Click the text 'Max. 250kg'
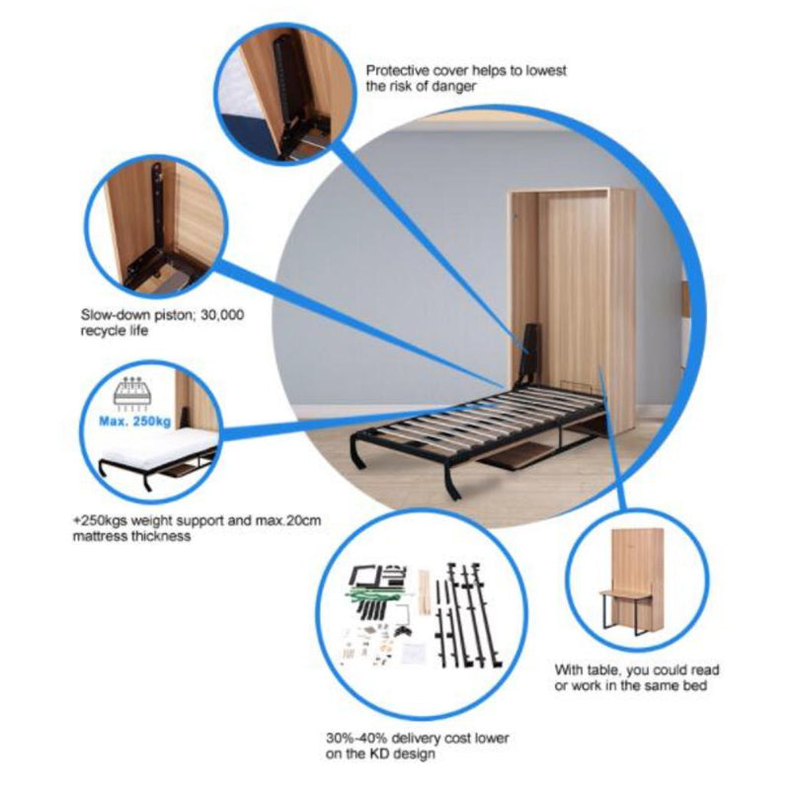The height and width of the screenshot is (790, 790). pos(134,421)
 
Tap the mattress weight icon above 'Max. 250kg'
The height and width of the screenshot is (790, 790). pos(133,392)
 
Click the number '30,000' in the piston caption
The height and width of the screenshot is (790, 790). pos(222,315)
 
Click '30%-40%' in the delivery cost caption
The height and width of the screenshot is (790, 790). pos(356,739)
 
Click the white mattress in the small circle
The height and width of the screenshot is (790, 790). pos(160,447)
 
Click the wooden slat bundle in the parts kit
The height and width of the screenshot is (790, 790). pos(425,592)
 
